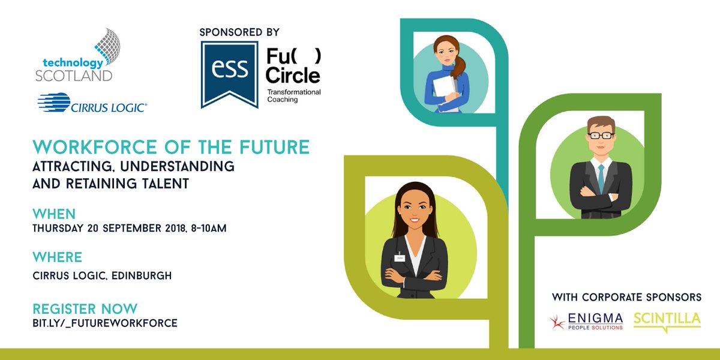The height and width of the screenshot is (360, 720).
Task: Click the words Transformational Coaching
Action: pos(294,95)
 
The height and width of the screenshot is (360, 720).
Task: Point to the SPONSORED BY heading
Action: pos(239,32)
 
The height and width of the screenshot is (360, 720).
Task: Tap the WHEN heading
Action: pos(54,214)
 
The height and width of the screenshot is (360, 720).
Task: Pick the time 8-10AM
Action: pos(207,229)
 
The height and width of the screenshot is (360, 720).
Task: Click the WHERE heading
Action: pos(58,258)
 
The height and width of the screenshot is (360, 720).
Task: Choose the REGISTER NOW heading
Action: pos(85,309)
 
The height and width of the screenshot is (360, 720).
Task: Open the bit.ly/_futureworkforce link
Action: pos(105,323)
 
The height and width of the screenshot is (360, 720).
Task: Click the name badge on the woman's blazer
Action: pos(400,258)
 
